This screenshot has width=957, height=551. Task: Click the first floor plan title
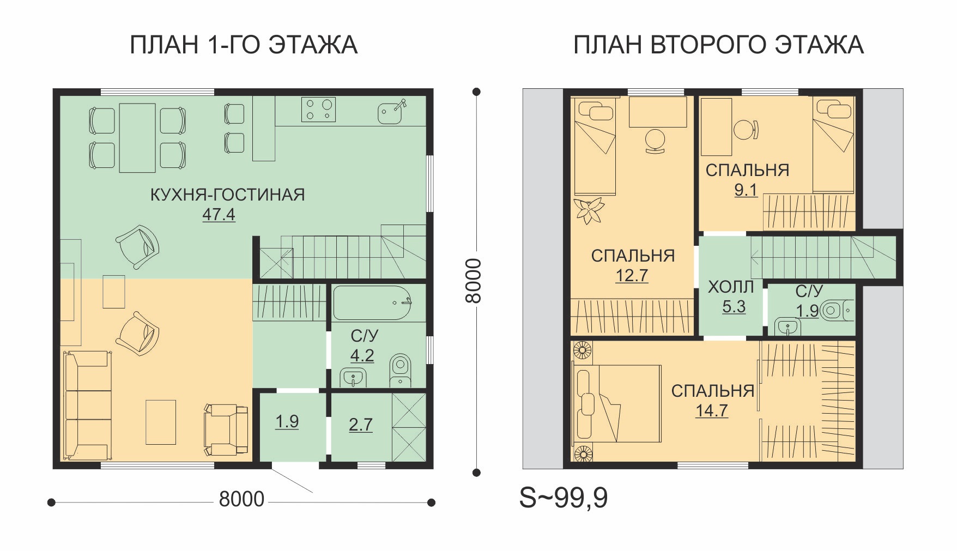(243, 45)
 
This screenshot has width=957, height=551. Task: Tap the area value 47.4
(219, 215)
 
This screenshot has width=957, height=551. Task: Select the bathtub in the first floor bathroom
(372, 303)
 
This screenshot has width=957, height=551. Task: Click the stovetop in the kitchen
(318, 110)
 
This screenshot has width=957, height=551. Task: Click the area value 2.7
(361, 425)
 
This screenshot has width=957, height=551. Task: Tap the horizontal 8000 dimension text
(241, 499)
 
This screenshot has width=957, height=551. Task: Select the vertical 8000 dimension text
(474, 281)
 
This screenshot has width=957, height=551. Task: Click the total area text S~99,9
(564, 498)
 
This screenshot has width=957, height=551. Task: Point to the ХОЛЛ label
(730, 287)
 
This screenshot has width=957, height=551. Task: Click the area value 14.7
(711, 410)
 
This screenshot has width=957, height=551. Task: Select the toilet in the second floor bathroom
(835, 311)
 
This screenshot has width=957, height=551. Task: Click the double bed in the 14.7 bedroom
(616, 404)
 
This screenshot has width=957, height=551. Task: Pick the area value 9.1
(746, 190)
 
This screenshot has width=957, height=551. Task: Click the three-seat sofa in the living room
(87, 405)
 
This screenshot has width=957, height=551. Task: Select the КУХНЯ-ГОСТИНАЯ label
(227, 195)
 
